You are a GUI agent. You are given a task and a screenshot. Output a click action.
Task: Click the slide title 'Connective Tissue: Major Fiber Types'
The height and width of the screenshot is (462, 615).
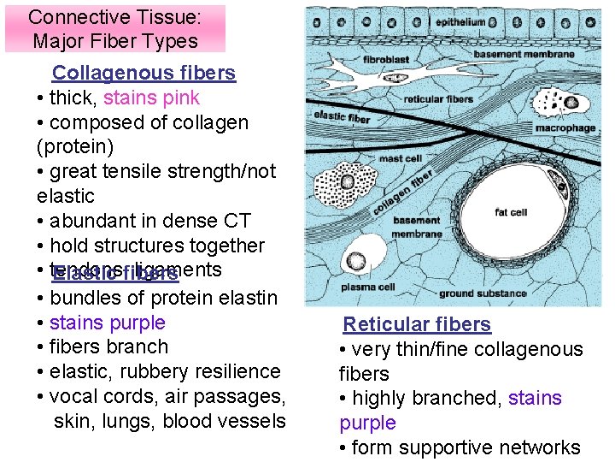[x=114, y=28]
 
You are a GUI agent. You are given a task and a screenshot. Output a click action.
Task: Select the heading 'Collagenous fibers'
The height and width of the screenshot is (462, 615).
[x=143, y=73]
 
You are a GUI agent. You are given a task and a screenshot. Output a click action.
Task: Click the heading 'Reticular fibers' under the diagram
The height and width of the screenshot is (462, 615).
[x=417, y=324]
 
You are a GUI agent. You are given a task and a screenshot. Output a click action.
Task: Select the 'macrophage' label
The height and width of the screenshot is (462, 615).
[x=565, y=128]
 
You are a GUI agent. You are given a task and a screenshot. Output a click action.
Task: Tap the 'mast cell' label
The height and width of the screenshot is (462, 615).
[x=401, y=158]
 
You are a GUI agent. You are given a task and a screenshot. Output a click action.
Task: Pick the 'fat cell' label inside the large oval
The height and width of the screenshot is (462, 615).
[x=511, y=212]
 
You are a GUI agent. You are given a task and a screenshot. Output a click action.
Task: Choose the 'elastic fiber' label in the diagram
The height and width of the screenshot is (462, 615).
[x=343, y=117]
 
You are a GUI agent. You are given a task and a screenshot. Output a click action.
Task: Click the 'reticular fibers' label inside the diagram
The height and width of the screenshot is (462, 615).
[x=438, y=99]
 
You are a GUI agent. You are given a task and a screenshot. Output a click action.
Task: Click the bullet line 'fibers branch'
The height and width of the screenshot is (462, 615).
[x=108, y=346]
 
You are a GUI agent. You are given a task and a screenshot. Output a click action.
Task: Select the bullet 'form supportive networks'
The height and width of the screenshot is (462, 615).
[x=466, y=447]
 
